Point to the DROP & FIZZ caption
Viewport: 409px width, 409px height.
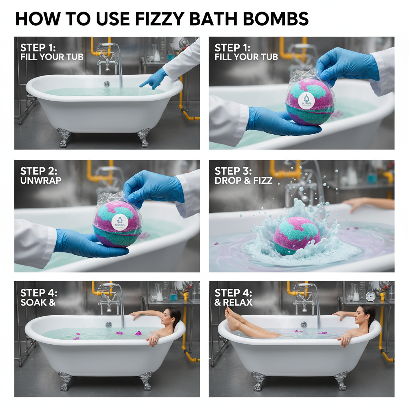coord(243,181)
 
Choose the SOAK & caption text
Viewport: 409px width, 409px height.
coord(38,302)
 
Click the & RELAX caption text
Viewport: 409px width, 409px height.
coord(234,302)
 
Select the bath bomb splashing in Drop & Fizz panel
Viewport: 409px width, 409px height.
coord(296,235)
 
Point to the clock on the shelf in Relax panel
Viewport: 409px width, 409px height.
coord(370,296)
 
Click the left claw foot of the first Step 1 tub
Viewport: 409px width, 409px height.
coord(64,137)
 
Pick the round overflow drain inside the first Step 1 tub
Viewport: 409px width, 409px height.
coord(107,84)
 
